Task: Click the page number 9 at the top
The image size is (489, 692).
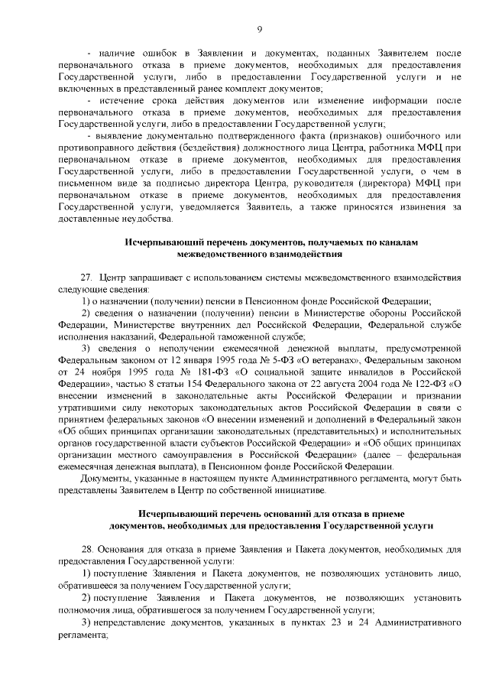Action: (259, 29)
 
